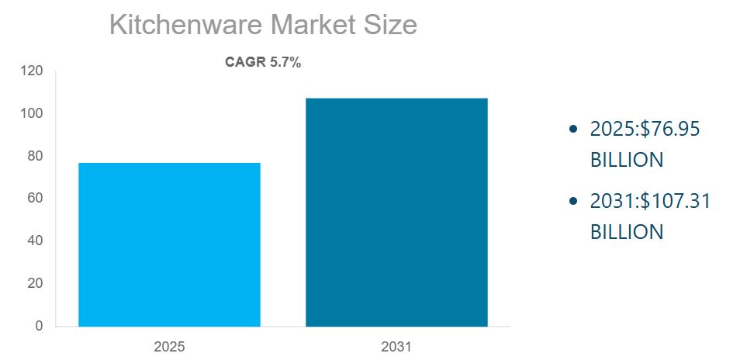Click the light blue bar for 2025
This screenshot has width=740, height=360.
click(x=169, y=244)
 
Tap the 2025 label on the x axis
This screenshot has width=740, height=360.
click(x=169, y=345)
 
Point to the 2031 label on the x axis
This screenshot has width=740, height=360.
click(x=396, y=345)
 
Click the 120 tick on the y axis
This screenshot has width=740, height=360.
click(x=33, y=71)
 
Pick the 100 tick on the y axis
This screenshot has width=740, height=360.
click(x=33, y=113)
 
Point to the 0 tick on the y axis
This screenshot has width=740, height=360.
click(x=39, y=326)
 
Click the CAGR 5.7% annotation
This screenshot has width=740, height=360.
click(x=263, y=63)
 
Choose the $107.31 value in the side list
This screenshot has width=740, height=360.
click(x=673, y=201)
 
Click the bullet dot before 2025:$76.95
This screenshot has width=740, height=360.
click(x=573, y=129)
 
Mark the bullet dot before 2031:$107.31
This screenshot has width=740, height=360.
click(x=573, y=201)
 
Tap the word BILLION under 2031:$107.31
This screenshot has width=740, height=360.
click(x=627, y=232)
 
